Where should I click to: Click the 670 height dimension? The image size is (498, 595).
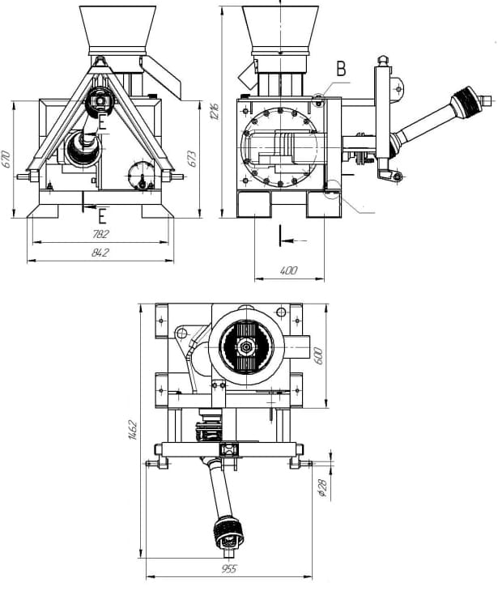[x=6, y=159]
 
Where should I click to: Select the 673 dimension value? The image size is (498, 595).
[x=193, y=159]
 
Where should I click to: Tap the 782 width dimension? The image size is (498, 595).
[x=100, y=234]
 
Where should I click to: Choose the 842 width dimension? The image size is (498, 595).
[x=100, y=253]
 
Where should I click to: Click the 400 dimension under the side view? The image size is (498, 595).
[x=288, y=270]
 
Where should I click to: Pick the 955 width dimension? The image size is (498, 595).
[x=228, y=570]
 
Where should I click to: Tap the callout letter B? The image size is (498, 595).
[x=341, y=70]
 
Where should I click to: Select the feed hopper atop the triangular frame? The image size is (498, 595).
[x=118, y=28]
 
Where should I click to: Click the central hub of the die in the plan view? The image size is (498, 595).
[x=249, y=344]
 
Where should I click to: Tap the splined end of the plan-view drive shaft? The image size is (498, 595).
[x=228, y=533]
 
